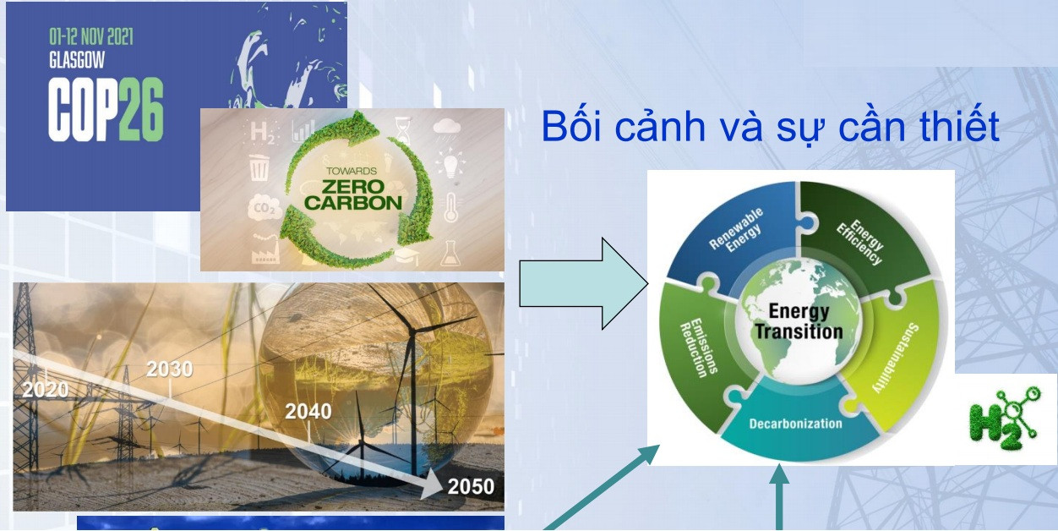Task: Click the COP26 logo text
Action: point(106,110)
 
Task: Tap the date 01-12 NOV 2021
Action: point(91,36)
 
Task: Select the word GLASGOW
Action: point(77,60)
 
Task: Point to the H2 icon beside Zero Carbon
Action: point(262,133)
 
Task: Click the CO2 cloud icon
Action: point(264,208)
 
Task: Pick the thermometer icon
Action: point(451,207)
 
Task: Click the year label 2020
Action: point(46,390)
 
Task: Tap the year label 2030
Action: point(170,369)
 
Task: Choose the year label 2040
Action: point(308,412)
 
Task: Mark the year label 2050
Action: point(471,486)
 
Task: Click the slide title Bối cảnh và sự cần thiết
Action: point(770,126)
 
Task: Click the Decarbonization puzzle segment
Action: point(797,424)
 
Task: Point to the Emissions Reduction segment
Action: point(698,349)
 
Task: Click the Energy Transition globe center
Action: point(799,321)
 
